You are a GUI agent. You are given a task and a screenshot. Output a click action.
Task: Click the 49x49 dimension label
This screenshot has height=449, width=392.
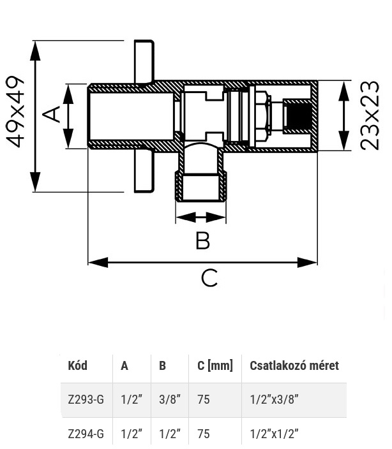15,112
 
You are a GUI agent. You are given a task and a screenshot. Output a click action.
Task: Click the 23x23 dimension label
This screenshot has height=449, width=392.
370,115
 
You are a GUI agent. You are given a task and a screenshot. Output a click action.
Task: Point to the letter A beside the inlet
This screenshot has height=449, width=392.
51,114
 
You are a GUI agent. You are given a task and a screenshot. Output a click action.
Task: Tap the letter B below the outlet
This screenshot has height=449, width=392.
202,240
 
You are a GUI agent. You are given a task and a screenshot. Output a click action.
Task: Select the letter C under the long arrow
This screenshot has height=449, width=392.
209,278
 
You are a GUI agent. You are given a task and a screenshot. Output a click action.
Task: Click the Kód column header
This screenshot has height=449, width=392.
78,365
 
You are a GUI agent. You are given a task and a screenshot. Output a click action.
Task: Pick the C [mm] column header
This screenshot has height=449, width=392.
215,365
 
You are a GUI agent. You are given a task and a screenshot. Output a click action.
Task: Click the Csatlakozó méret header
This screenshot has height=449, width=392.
294,365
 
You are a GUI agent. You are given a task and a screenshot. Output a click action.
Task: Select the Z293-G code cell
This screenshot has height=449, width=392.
86,399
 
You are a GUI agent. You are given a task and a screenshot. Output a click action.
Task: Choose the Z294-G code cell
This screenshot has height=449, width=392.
86,434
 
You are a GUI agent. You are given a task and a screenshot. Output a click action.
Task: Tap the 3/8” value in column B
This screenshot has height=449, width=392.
170,399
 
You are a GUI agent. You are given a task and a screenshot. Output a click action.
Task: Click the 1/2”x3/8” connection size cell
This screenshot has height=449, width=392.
275,399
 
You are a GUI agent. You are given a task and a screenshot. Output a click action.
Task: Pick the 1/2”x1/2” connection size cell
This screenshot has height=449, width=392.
275,434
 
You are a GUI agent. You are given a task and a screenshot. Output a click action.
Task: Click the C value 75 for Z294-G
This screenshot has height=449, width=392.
204,434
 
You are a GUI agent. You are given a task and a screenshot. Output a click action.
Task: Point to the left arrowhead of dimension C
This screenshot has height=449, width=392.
98,262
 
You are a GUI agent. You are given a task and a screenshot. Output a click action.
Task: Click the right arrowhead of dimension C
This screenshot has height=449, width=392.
308,262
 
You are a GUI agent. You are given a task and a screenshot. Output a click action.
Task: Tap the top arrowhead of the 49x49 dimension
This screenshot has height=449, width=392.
35,50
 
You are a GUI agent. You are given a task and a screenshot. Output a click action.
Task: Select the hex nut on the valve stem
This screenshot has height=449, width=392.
262,115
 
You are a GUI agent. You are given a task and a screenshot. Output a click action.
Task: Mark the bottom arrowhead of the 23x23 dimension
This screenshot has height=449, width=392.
343,140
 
